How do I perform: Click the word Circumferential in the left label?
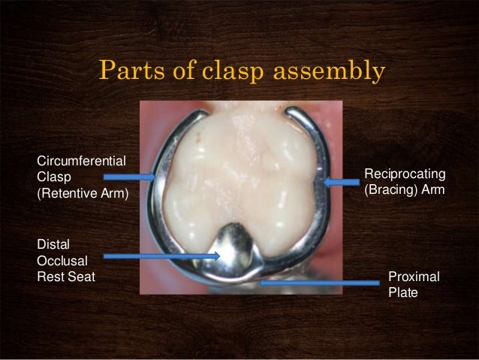pyautogui.click(x=81, y=159)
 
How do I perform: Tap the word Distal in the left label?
pyautogui.click(x=52, y=243)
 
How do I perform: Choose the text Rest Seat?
pyautogui.click(x=66, y=276)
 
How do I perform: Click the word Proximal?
pyautogui.click(x=414, y=277)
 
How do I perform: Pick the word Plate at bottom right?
pyautogui.click(x=402, y=293)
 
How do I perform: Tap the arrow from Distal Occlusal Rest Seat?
pyautogui.click(x=161, y=256)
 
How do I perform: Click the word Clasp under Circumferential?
pyautogui.click(x=52, y=178)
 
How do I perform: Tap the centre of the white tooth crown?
pyautogui.click(x=240, y=180)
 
